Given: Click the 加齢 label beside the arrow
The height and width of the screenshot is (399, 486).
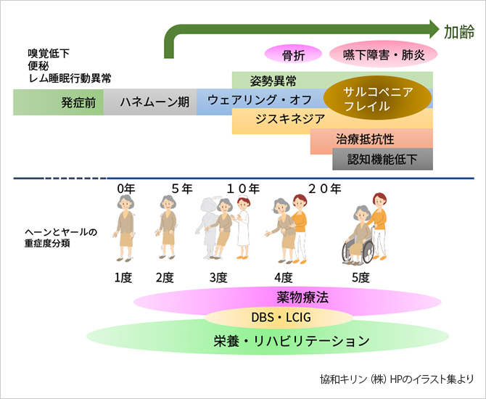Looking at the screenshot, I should [458, 30].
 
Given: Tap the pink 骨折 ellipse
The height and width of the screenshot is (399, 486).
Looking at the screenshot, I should [292, 55].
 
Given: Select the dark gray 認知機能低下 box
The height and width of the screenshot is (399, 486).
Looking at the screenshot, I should [382, 159].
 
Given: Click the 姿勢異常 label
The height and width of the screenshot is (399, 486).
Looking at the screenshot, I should [270, 80].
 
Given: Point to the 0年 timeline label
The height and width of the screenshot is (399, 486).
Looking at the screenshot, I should [126, 189].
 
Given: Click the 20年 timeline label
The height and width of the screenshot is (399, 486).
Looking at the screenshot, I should [325, 189].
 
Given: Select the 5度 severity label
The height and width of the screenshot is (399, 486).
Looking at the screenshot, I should [360, 277].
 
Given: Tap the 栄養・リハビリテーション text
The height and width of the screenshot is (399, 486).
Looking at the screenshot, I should [292, 340].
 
